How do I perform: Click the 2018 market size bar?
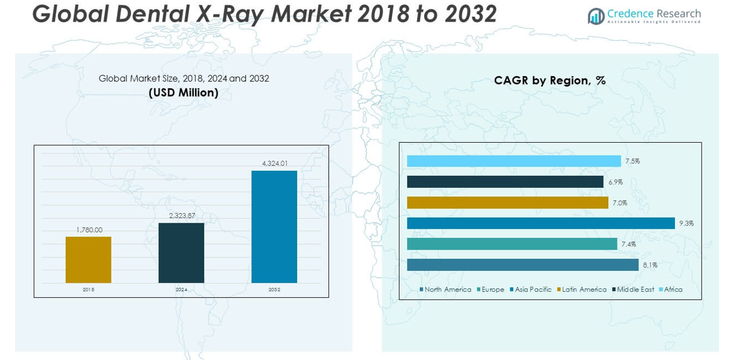(x=88, y=259)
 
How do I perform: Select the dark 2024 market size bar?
(x=181, y=253)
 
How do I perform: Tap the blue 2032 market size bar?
(x=274, y=226)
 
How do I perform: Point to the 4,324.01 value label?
(x=274, y=163)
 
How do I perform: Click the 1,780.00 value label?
(x=89, y=229)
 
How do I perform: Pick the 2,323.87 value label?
(x=182, y=216)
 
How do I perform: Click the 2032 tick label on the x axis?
(x=274, y=290)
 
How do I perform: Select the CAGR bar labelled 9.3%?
(x=541, y=223)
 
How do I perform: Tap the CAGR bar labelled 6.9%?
(x=505, y=182)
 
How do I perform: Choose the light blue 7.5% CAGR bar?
(x=514, y=161)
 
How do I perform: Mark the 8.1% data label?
(x=650, y=265)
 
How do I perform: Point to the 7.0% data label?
(x=620, y=203)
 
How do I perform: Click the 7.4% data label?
(x=629, y=244)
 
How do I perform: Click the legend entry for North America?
(x=446, y=290)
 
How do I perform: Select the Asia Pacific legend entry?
(x=532, y=290)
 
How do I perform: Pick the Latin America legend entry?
(x=582, y=290)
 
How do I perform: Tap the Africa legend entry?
(x=671, y=290)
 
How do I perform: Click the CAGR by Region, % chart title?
(x=549, y=80)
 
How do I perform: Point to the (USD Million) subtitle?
(x=183, y=93)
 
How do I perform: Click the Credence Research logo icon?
(x=596, y=16)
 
